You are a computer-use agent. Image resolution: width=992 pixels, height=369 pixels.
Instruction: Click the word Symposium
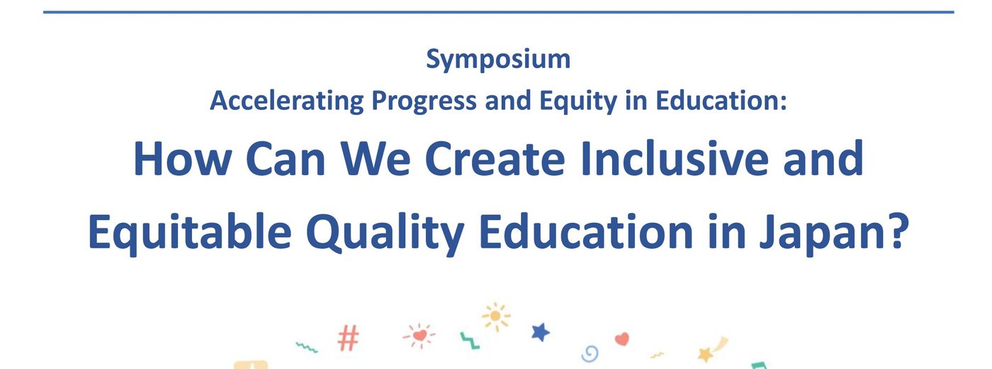point(498,60)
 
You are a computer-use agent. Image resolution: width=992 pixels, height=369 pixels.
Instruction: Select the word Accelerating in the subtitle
point(287,101)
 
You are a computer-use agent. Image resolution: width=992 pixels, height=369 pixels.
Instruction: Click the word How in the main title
point(183,159)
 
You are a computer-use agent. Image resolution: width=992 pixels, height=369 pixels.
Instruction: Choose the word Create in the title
point(495,159)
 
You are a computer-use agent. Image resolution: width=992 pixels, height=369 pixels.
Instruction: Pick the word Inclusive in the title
point(675,158)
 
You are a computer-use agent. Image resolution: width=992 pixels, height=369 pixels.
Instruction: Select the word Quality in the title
point(385,233)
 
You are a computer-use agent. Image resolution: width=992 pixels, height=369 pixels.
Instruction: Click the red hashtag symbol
point(349,338)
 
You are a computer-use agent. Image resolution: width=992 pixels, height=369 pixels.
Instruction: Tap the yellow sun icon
point(496,316)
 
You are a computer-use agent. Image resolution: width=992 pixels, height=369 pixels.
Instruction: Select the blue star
point(540,332)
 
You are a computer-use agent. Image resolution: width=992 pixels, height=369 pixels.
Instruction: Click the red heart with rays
point(419,336)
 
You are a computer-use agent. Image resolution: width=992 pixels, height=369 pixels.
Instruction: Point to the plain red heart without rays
point(622,339)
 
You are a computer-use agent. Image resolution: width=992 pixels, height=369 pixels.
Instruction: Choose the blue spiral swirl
point(590,353)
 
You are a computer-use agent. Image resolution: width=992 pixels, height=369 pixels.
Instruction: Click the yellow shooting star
point(712,349)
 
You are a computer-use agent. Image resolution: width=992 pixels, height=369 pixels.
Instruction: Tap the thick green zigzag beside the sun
point(469,340)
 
